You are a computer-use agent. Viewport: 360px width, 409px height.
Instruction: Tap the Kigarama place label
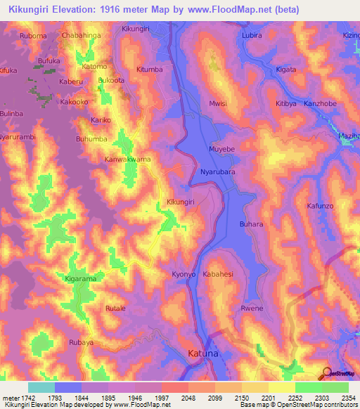pos(80,280)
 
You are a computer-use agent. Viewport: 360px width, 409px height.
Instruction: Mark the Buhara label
pos(251,224)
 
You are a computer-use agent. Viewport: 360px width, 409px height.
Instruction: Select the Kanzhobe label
pos(321,104)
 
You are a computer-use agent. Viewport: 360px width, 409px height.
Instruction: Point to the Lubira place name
pos(251,35)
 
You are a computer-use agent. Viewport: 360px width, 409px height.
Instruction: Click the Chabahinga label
pos(82,35)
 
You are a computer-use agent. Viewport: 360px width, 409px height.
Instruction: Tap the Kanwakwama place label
pos(128,160)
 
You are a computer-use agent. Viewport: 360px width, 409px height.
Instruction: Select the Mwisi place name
pos(218,104)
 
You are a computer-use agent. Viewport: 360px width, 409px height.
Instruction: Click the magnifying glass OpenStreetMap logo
pos(326,373)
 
